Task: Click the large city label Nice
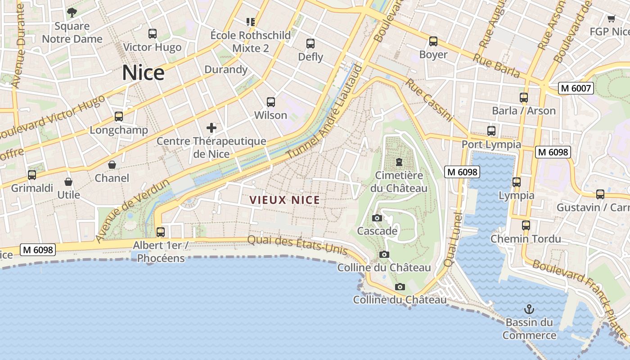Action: (143, 73)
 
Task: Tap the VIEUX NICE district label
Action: (284, 200)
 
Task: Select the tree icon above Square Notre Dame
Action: (72, 12)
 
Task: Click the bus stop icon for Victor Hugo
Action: (153, 33)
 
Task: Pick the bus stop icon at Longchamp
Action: (119, 117)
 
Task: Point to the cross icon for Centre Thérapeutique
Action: (211, 128)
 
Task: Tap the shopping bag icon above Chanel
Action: (112, 165)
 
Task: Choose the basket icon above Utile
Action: (68, 182)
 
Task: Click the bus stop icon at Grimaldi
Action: (32, 175)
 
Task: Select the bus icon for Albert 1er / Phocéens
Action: (161, 232)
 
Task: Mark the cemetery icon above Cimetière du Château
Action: (399, 162)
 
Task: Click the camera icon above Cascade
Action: (377, 218)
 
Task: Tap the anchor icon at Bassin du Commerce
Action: (529, 309)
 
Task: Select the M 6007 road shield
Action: (576, 88)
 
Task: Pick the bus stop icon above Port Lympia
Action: (491, 131)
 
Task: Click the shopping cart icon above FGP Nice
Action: (611, 18)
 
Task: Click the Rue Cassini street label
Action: (428, 100)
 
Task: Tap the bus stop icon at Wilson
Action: (270, 102)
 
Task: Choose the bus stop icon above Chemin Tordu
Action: (526, 225)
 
